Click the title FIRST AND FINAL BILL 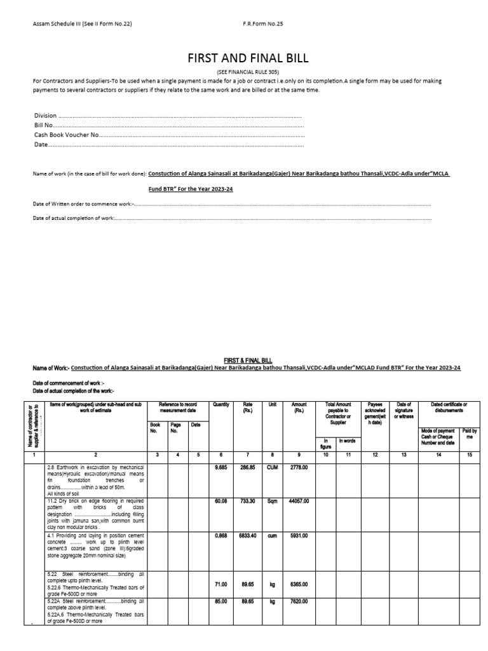247,58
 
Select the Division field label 46,116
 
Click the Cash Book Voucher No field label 67,135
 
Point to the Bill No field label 43,126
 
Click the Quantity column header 221,404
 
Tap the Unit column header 272,404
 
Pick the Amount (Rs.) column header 299,408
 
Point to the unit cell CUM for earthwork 272,467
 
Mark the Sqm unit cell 272,501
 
